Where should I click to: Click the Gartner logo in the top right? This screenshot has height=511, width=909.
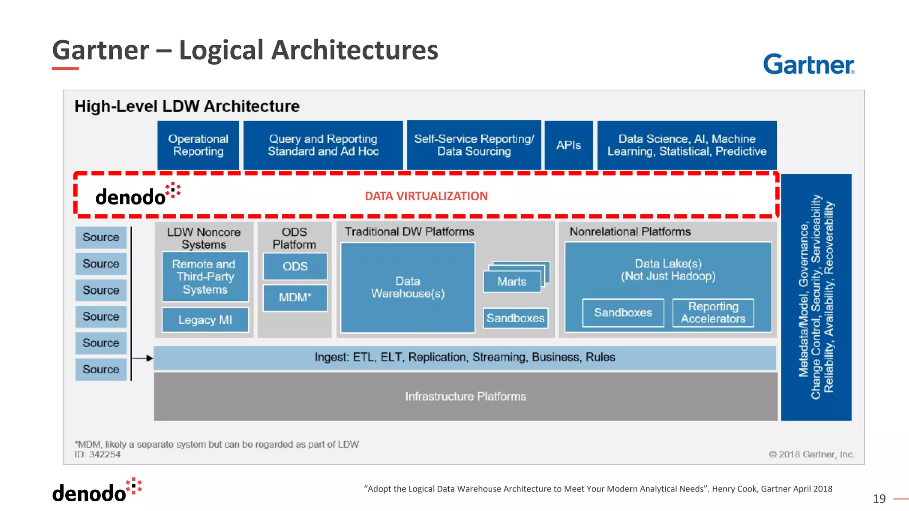point(808,64)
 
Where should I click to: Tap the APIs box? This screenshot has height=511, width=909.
point(569,145)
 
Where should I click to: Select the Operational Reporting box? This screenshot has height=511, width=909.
point(198,145)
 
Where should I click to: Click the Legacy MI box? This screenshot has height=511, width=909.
point(205,320)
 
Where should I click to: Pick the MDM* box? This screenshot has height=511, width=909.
point(295,298)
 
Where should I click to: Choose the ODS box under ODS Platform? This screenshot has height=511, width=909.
point(295,266)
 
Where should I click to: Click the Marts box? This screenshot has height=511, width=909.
point(512,282)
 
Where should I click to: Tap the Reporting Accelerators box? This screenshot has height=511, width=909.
point(713,313)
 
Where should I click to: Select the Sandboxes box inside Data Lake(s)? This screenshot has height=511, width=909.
point(623,313)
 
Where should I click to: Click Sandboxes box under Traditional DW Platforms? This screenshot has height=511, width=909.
point(515,318)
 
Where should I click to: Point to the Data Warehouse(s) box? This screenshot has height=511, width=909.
point(407,287)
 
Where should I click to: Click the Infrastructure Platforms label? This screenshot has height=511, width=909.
point(465,396)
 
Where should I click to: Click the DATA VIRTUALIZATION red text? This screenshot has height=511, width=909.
point(426,196)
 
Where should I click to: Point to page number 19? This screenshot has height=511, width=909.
point(879,499)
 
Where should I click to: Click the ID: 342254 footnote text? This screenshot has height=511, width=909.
point(98,455)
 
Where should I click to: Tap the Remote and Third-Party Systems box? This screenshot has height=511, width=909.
point(205,277)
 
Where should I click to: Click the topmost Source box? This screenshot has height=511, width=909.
point(101,237)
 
